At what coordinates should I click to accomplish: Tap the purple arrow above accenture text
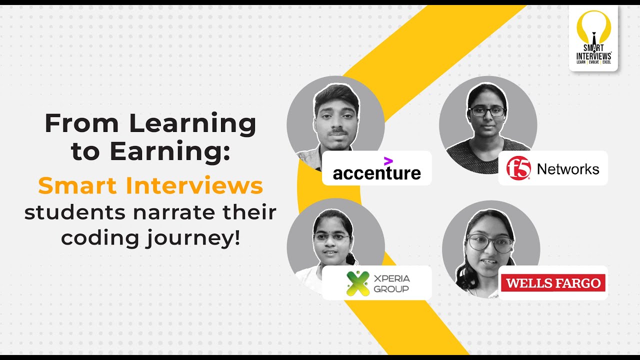coord(388,161)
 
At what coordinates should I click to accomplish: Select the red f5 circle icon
coord(518,168)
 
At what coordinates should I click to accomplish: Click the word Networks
coord(567,169)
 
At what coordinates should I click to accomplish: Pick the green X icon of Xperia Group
coord(358,283)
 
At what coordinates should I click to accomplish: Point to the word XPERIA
coord(392,278)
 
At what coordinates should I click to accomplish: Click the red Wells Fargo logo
coord(553,283)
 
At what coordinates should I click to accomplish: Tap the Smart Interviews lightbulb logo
coord(593,37)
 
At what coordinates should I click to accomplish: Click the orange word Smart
coord(78,186)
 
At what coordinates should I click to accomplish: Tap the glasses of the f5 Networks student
coord(487,111)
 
